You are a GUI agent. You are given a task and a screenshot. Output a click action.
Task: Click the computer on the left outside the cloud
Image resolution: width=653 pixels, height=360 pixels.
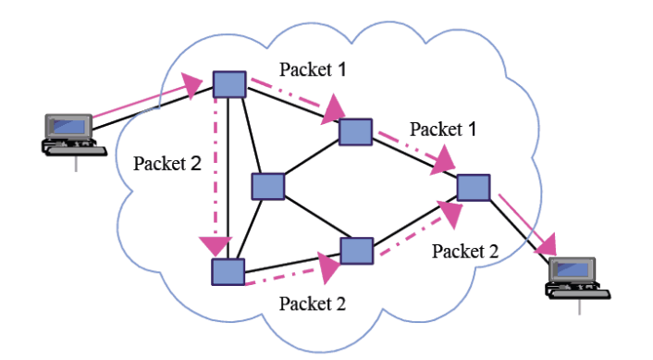coord(70,135)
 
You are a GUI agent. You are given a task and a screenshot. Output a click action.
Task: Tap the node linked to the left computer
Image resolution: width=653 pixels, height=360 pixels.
coord(228,84)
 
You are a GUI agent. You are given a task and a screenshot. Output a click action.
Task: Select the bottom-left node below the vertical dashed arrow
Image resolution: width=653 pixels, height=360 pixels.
coord(227,271)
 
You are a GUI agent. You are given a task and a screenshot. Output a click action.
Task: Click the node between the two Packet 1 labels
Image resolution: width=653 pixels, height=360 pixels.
coord(354,132)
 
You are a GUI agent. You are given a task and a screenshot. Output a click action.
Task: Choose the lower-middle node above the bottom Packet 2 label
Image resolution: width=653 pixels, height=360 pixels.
coord(355,250)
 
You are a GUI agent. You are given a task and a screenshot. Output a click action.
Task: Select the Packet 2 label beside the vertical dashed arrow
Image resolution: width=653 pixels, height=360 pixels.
coord(166,163)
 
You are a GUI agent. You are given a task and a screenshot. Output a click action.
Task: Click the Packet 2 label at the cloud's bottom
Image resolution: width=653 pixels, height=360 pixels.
coord(312,303)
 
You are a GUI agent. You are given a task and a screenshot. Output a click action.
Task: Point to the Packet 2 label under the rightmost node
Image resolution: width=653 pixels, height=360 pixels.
coord(465,251)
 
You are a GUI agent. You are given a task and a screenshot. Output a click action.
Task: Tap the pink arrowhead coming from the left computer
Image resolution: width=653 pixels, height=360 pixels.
coord(196,86)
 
